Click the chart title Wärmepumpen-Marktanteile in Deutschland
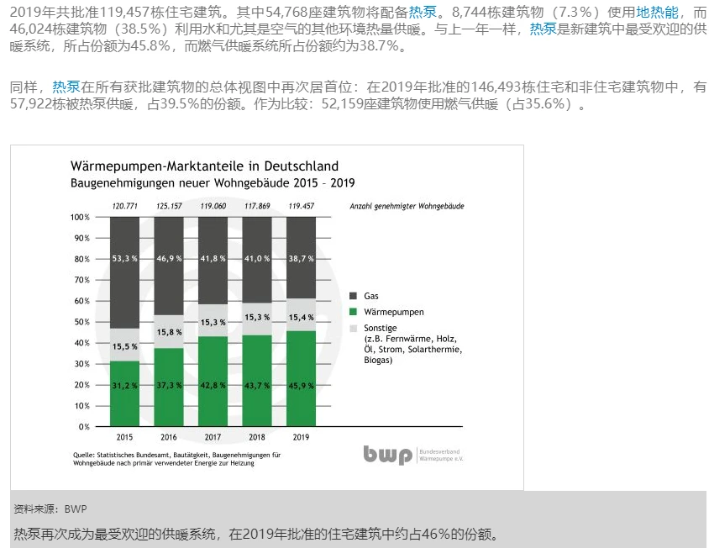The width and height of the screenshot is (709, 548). (x=204, y=166)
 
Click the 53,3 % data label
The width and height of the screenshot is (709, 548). (x=125, y=258)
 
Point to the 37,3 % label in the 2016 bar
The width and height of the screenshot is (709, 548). (x=169, y=385)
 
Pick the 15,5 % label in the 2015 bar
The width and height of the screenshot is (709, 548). (x=125, y=345)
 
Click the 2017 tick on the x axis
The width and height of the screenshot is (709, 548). (x=213, y=437)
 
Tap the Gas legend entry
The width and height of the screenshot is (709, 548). (x=370, y=296)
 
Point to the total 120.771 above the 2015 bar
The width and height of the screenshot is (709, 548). (x=125, y=206)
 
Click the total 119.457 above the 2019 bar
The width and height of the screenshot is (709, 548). (x=301, y=206)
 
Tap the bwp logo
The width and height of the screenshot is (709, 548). (x=388, y=455)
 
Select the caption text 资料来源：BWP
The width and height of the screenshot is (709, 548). (x=50, y=508)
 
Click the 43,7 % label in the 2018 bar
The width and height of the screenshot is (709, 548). (x=257, y=385)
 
